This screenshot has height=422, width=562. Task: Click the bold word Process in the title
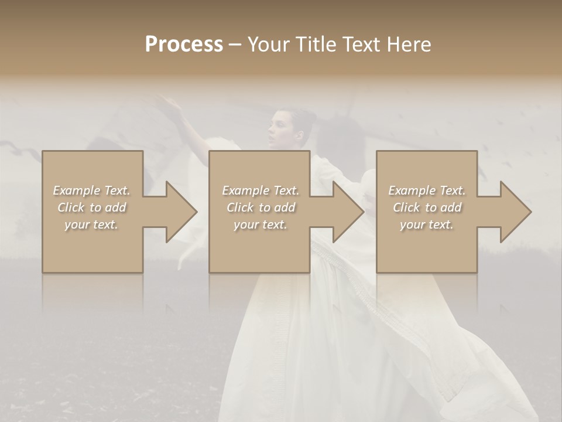pos(184,45)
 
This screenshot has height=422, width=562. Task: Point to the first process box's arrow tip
pos(196,212)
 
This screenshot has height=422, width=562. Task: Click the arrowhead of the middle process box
pos(362,212)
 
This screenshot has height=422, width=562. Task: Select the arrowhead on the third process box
pos(529,212)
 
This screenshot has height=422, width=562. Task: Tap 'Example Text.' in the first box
pos(91,190)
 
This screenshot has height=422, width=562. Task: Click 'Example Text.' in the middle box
pos(260,190)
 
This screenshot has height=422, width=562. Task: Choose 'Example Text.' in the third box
pos(427,190)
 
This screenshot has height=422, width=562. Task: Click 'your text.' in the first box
pos(91,224)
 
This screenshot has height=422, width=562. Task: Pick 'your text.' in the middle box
pos(260,224)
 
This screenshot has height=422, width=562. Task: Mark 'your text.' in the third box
pos(427,224)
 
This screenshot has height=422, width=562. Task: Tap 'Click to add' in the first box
pos(91,207)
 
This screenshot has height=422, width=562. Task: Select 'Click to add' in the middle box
pos(260,207)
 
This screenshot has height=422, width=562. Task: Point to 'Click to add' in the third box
pos(427,207)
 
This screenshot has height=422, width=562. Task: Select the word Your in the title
pos(266,45)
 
